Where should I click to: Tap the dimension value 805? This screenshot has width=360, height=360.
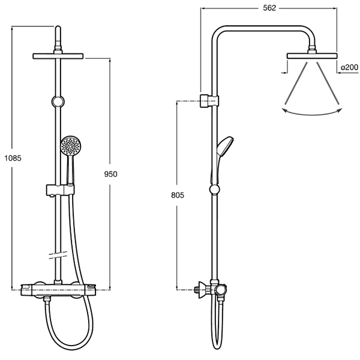pos(176,196)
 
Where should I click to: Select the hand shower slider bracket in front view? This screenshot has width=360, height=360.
pos(58,191)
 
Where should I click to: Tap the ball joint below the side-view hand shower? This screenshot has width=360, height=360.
pos(214,191)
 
